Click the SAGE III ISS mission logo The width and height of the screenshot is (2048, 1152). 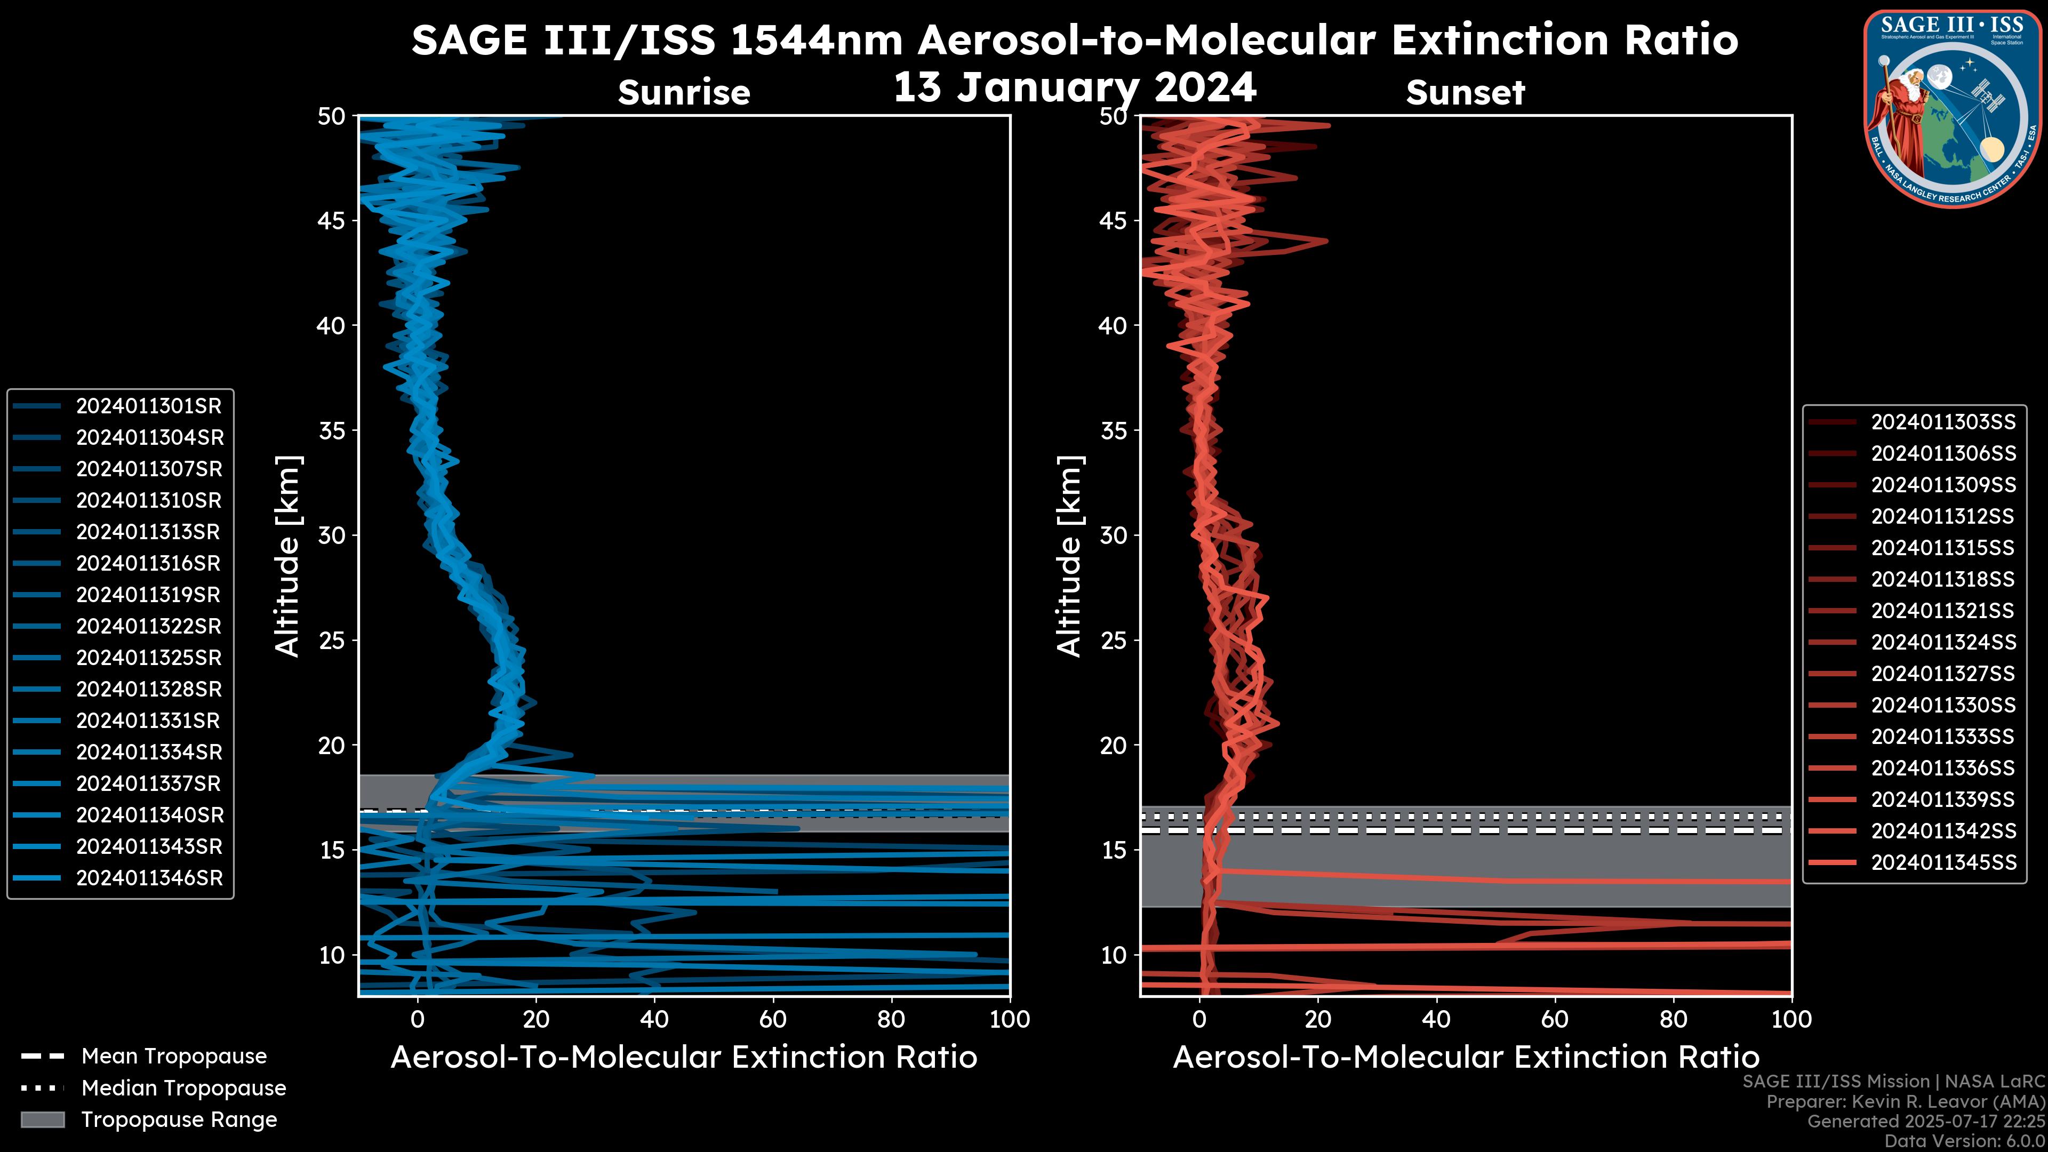(x=1953, y=108)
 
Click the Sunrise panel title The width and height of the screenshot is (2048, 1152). (x=684, y=93)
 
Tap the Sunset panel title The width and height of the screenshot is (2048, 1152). (x=1465, y=93)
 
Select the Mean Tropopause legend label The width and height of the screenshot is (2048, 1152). (x=174, y=1057)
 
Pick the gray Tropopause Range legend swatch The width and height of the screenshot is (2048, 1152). (x=42, y=1119)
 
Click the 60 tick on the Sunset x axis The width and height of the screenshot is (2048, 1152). (x=1554, y=1019)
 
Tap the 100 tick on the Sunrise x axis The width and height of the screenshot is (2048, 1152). (x=1009, y=1019)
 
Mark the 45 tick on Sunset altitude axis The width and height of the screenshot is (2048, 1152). (x=1113, y=221)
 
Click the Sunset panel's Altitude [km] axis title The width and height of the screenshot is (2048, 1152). (x=1069, y=556)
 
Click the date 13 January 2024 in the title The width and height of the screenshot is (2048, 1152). (x=1075, y=87)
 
